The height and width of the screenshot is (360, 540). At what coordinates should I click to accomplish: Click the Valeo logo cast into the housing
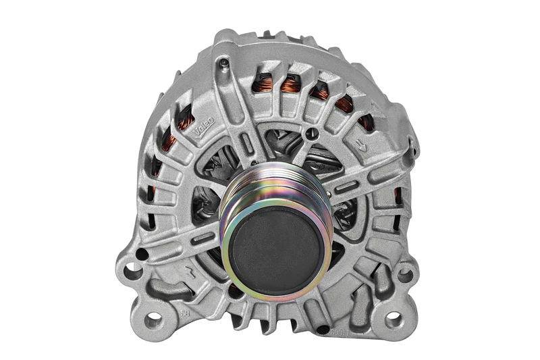coord(203,125)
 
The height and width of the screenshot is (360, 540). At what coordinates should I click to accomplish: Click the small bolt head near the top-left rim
coord(222,63)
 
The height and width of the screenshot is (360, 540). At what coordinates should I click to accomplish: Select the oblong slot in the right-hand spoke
coord(346,186)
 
